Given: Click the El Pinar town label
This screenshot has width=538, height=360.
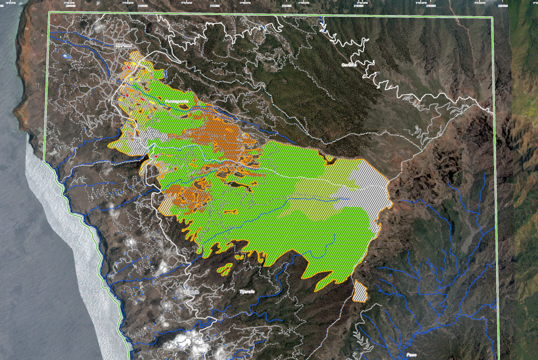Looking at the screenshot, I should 124,44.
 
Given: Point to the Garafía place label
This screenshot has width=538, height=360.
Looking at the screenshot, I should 348,64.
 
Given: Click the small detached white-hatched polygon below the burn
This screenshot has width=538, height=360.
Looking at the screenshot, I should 360,292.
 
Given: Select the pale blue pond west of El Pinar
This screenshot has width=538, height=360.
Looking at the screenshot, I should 68,56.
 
